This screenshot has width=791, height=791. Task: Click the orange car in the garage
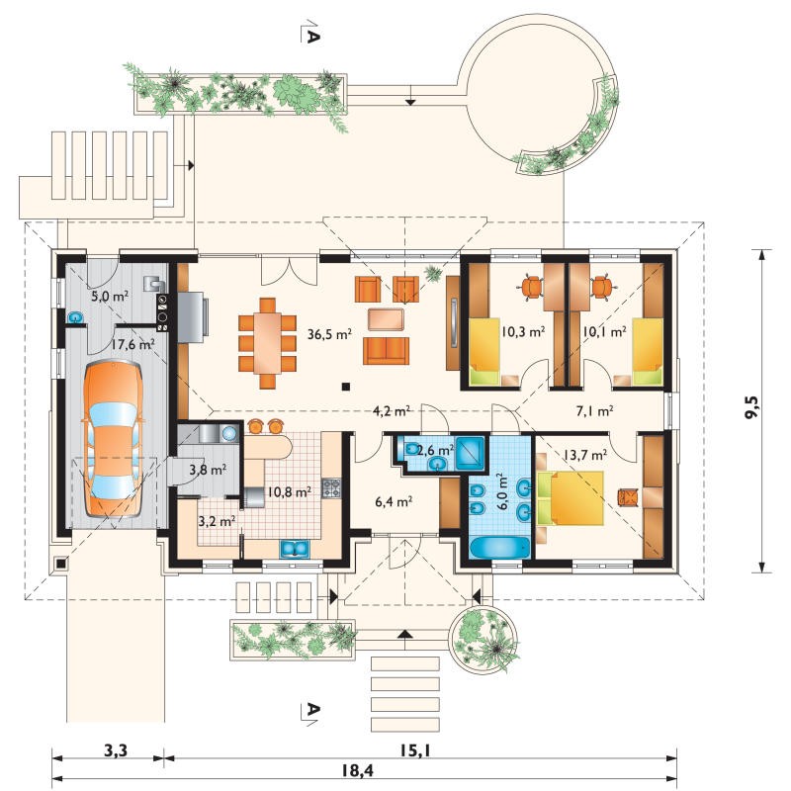pyautogui.click(x=112, y=438)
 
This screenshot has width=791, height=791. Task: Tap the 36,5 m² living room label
pyautogui.click(x=329, y=334)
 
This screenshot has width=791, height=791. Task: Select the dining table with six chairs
pyautogui.click(x=267, y=343)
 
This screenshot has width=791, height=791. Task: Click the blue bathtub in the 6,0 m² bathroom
pyautogui.click(x=499, y=549)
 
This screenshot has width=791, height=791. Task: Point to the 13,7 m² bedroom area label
pyautogui.click(x=584, y=455)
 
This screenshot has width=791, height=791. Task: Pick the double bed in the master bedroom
pyautogui.click(x=571, y=498)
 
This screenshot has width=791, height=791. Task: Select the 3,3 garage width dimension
pyautogui.click(x=116, y=750)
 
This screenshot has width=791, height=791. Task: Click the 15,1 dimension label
pyautogui.click(x=415, y=750)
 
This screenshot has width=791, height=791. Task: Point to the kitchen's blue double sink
pyautogui.click(x=295, y=549)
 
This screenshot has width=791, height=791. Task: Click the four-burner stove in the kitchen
pyautogui.click(x=331, y=487)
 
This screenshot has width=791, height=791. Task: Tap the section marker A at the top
pyautogui.click(x=312, y=32)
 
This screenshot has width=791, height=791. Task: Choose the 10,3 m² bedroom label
pyautogui.click(x=523, y=331)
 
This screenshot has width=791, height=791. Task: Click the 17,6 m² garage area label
pyautogui.click(x=132, y=345)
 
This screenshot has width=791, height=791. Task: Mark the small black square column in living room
pyautogui.click(x=345, y=387)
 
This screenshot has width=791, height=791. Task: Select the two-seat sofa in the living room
pyautogui.click(x=386, y=351)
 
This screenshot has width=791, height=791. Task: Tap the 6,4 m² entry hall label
pyautogui.click(x=394, y=501)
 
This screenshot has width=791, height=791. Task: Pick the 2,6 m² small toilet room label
pyautogui.click(x=435, y=450)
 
